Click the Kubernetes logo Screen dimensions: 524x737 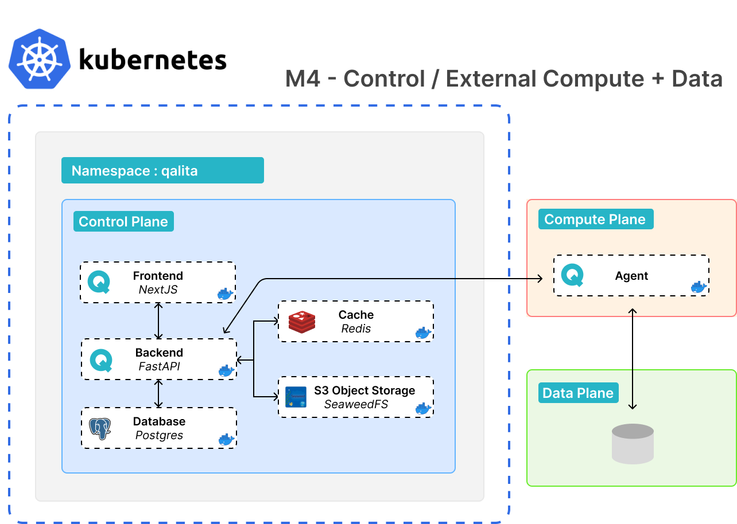pos(40,58)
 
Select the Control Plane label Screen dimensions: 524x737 pos(123,222)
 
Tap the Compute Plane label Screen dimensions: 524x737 pos(595,220)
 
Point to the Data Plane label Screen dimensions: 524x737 pos(578,393)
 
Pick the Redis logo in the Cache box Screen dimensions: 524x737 pos(302,322)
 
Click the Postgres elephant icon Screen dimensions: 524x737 pos(100,428)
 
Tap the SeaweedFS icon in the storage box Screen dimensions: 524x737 pos(296,397)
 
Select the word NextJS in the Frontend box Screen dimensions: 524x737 pos(158,290)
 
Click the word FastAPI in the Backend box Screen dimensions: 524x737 pos(159,366)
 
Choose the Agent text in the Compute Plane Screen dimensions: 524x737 pos(631,276)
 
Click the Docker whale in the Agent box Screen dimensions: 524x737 pos(699,287)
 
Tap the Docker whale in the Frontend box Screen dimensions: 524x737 pos(225,294)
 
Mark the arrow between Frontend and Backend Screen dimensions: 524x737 pos(159,320)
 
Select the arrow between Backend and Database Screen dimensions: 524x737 pos(159,393)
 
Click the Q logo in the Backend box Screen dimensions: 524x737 pos(102,359)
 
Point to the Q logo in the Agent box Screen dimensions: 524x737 pos(572,275)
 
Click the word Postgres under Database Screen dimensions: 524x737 pos(159,435)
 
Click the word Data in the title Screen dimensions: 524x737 pos(697,79)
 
